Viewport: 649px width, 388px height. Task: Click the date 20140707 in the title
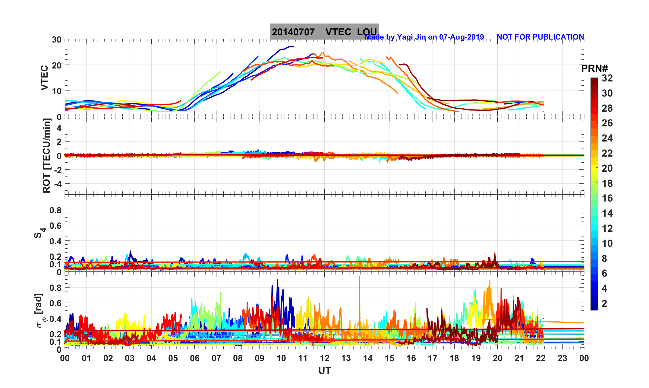coord(293,32)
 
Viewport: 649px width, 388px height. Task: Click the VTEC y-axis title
coord(44,78)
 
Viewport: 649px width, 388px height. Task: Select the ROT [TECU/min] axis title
coord(46,156)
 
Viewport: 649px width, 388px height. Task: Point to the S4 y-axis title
coord(39,233)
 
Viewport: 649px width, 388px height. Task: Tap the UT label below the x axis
coord(325,371)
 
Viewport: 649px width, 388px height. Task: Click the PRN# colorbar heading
coord(594,69)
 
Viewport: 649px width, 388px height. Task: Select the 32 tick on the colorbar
coord(607,78)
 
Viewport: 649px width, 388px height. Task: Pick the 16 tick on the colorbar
coord(607,198)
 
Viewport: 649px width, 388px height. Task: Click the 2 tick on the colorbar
coord(604,304)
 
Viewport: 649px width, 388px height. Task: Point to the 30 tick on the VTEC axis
coord(56,40)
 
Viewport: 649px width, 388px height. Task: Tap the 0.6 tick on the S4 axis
coord(55,226)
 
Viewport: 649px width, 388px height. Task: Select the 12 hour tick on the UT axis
coord(325,358)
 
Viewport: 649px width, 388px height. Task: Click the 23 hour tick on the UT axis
coord(562,358)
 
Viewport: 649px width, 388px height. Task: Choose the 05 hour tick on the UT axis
coord(173,358)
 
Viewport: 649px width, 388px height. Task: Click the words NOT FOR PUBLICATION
coord(540,37)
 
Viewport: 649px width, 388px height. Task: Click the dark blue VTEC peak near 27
coord(290,46)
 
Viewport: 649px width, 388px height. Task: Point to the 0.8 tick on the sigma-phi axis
coord(55,288)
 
